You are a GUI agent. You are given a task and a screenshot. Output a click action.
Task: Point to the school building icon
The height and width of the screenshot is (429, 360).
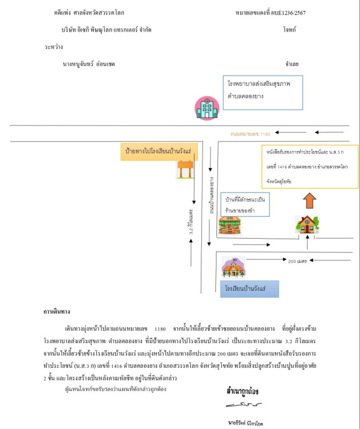pos(233,267)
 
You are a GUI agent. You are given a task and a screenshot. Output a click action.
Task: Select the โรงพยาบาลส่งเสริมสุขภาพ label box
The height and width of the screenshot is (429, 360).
pos(262,92)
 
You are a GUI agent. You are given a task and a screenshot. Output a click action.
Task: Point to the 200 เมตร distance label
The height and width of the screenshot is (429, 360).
pos(297,261)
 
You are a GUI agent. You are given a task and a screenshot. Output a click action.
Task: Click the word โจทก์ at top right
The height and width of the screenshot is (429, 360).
pos(290,30)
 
